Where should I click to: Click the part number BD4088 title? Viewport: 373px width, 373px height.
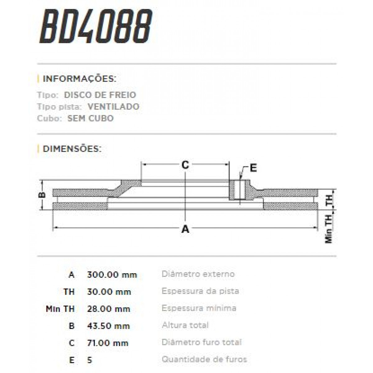96,27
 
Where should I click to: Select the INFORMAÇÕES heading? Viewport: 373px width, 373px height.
79,79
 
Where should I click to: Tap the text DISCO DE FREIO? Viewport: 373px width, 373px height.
100,95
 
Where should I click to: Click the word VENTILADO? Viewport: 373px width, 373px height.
113,107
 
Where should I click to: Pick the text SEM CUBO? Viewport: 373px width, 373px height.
90,118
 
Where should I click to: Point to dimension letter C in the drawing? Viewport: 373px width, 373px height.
185,165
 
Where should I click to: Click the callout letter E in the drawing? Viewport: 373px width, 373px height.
253,168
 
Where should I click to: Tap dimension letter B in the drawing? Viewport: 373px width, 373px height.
42,195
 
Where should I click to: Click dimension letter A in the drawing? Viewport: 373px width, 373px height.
185,229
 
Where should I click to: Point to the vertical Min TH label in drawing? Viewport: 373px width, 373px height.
329,228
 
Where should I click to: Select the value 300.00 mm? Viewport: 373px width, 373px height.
112,275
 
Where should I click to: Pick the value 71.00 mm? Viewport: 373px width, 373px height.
108,343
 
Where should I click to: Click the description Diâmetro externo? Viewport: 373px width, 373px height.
198,274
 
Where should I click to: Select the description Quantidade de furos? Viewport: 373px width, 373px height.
204,360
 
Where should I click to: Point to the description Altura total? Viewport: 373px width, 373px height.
185,325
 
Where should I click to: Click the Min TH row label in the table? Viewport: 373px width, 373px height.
60,309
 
